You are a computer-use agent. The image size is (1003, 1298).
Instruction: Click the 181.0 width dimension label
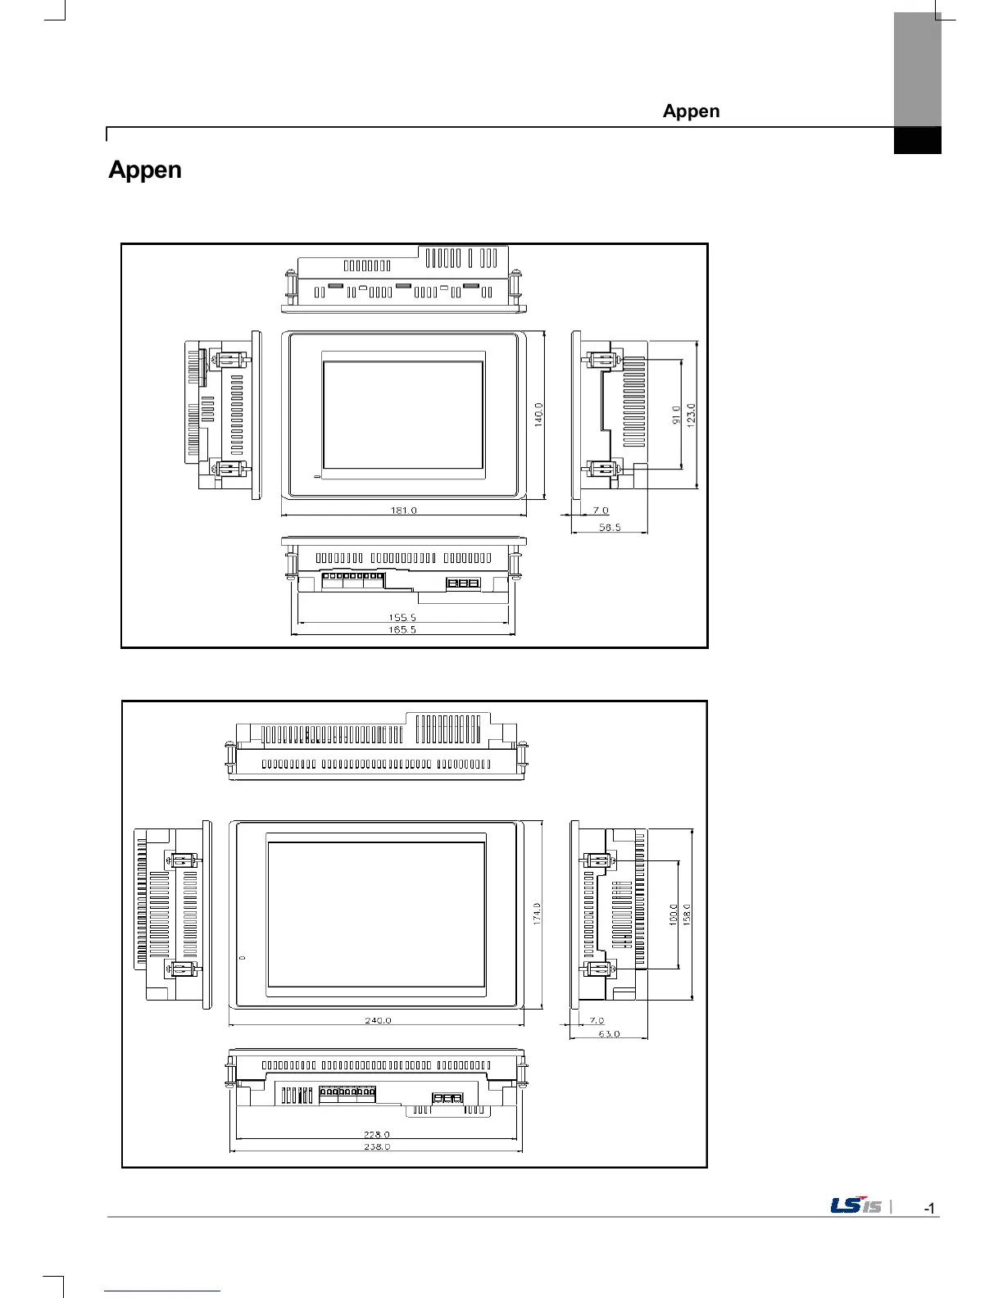(x=403, y=510)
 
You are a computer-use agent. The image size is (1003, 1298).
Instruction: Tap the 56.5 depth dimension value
(x=610, y=528)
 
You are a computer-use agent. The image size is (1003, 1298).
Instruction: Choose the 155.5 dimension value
(x=402, y=618)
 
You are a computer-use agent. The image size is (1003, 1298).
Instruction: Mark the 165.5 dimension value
(x=402, y=630)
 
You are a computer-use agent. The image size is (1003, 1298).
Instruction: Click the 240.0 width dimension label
(x=378, y=1020)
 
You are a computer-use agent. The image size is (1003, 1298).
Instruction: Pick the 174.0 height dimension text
(x=538, y=914)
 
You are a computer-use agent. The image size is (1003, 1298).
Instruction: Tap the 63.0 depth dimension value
(x=609, y=1034)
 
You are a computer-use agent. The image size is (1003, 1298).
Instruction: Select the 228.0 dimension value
(x=377, y=1134)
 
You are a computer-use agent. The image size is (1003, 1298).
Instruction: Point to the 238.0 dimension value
(x=377, y=1146)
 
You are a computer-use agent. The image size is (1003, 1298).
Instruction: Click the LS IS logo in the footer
(x=856, y=1206)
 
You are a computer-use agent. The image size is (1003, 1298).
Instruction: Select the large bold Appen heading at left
(x=145, y=170)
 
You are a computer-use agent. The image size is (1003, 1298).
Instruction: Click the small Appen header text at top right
(x=691, y=111)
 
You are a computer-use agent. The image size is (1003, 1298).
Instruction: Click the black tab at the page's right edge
(x=917, y=140)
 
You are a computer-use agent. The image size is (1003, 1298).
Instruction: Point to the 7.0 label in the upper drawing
(x=601, y=511)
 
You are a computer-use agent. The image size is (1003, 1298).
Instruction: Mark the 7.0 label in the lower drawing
(x=597, y=1020)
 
